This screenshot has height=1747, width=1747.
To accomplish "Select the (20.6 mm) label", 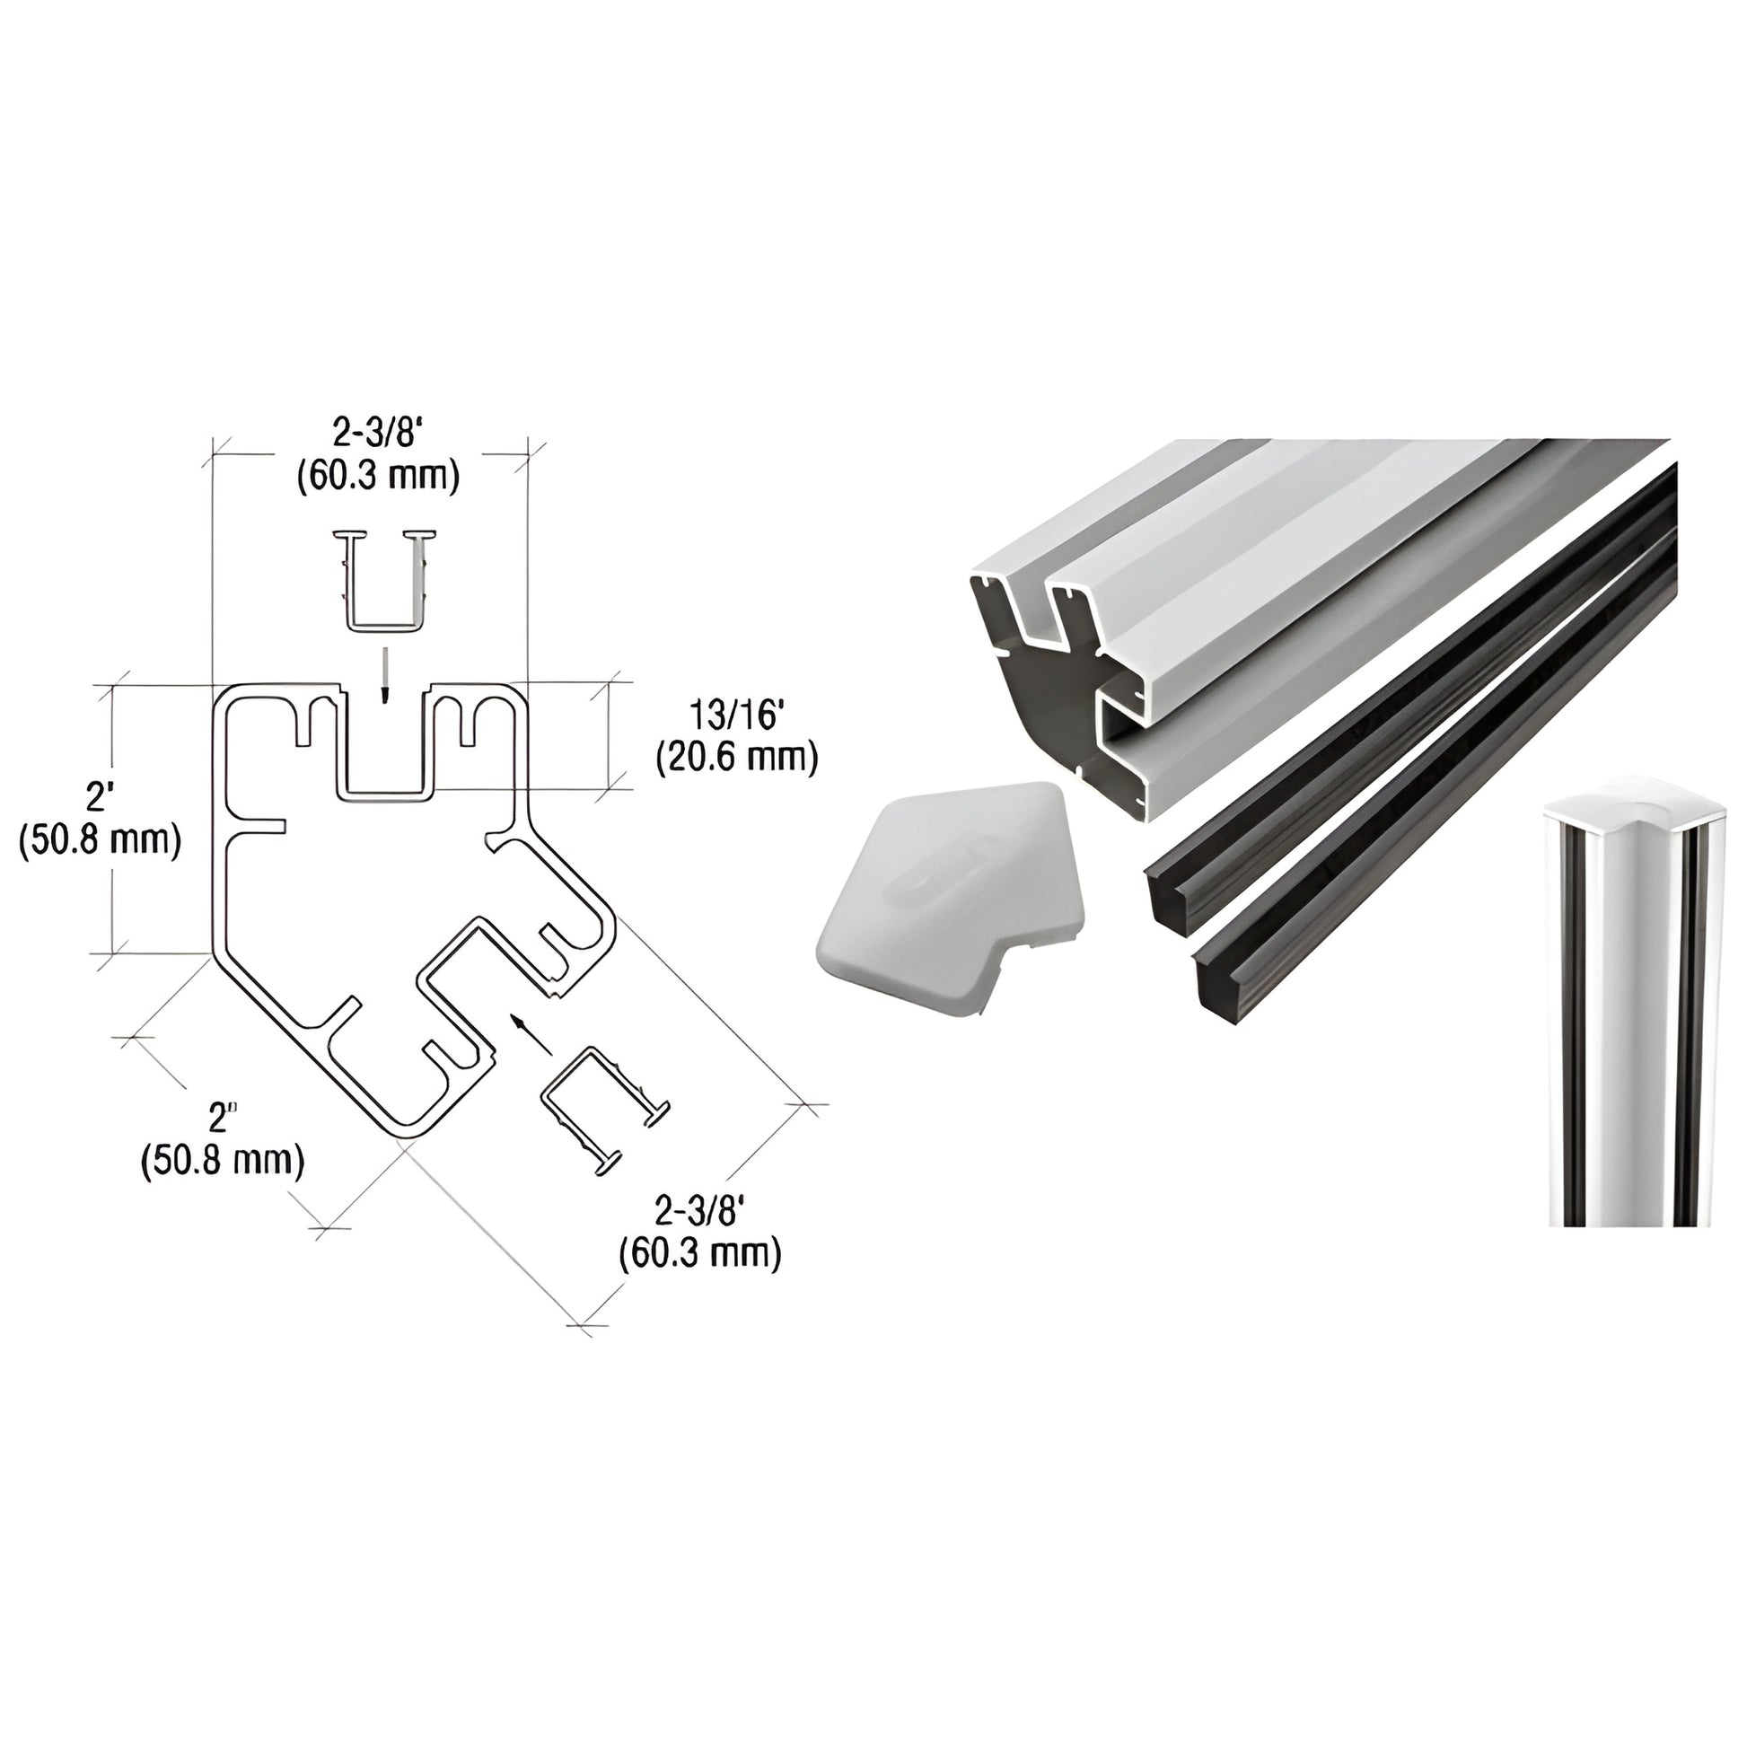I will coord(736,758).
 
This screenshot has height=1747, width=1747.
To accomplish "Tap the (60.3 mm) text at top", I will coord(378,477).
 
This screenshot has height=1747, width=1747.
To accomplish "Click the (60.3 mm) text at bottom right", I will coord(699,1253).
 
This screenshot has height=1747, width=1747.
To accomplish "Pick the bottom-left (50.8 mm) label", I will coord(223,1160).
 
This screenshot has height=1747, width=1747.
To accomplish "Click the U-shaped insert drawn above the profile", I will coord(384,579).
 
